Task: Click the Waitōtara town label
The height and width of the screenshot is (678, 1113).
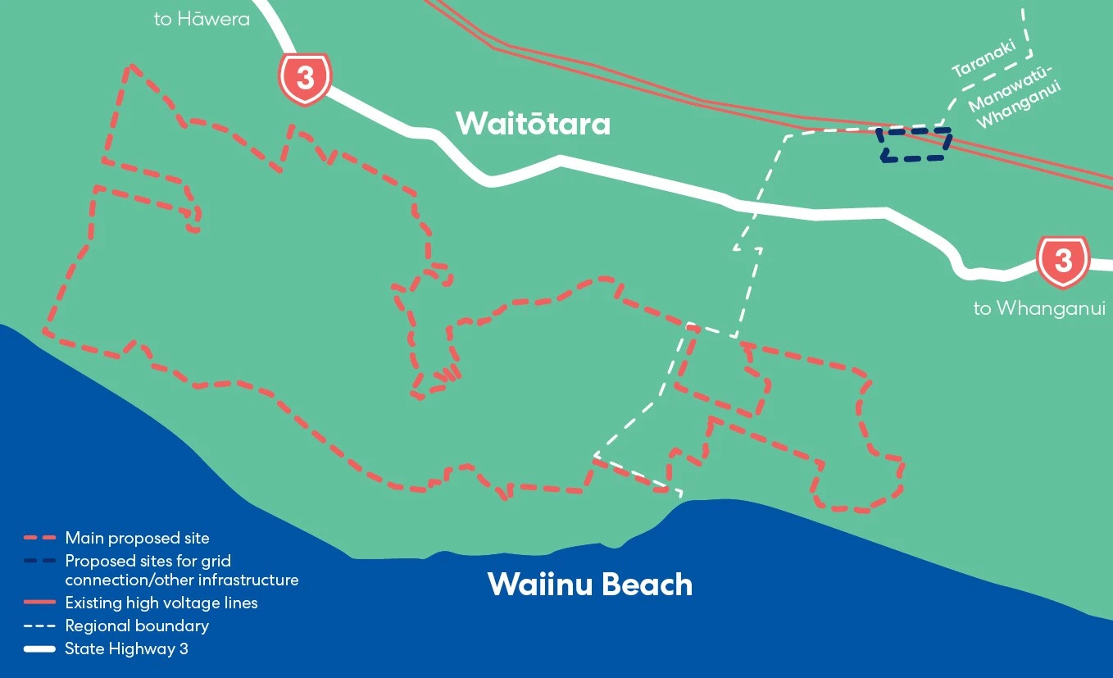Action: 533,124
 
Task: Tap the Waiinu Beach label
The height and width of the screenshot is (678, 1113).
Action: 589,585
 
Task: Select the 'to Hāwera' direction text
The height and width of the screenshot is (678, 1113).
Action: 202,19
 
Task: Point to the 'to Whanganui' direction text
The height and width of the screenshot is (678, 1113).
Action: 1039,308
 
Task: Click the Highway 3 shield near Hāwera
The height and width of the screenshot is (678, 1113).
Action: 305,79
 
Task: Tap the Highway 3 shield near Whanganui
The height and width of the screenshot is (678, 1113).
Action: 1062,262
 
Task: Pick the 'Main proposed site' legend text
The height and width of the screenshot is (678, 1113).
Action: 137,539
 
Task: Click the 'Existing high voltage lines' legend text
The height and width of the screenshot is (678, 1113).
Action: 161,603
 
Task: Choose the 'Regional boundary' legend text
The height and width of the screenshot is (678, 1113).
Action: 137,626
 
